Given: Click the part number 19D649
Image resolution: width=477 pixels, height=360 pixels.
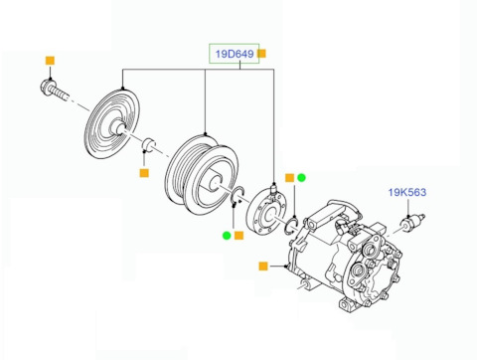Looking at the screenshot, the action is click(235, 54).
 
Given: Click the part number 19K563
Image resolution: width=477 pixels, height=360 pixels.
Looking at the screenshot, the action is click(407, 192).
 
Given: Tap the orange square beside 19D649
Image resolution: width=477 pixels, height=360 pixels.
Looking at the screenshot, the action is click(261, 54).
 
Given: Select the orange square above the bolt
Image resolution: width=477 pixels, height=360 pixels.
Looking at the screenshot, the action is click(50, 61).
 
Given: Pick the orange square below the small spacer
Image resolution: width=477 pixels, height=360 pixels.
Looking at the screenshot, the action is click(144, 173).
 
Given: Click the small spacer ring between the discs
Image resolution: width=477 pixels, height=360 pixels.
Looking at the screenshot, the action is click(149, 144).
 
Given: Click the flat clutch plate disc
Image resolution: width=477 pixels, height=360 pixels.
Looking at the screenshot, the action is click(111, 124).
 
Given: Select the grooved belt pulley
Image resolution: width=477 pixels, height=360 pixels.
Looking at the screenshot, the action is click(202, 174).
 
